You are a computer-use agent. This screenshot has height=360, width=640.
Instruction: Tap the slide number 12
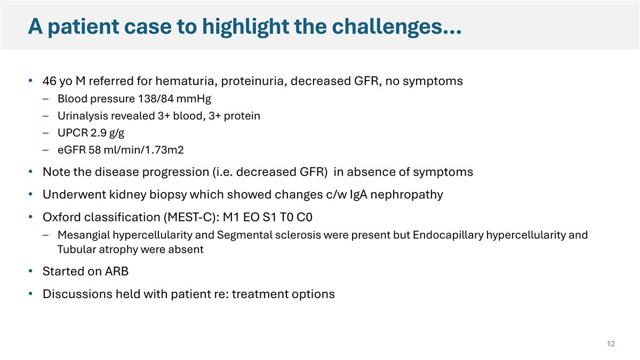[x=611, y=344]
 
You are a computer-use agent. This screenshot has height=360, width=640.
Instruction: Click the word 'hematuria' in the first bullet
[x=183, y=82]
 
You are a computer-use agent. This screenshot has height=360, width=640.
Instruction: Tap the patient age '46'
[x=50, y=82]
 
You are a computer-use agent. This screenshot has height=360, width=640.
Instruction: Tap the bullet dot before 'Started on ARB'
[x=31, y=271]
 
